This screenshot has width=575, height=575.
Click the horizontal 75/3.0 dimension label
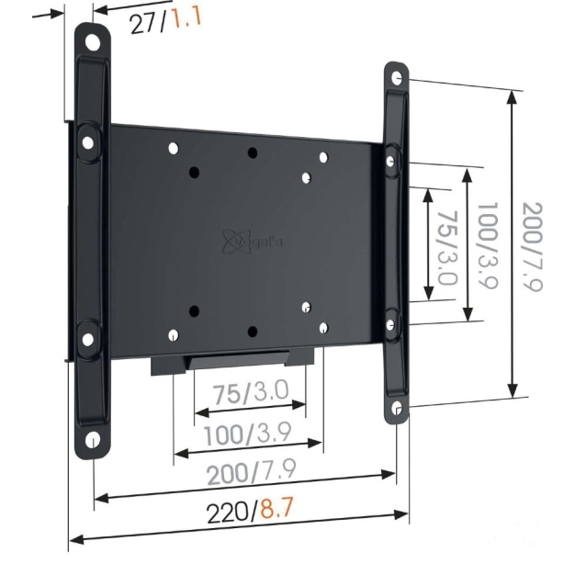250,393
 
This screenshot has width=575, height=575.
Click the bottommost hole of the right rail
397,408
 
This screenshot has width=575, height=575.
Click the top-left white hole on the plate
174,147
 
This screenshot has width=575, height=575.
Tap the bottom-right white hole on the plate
322,326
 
